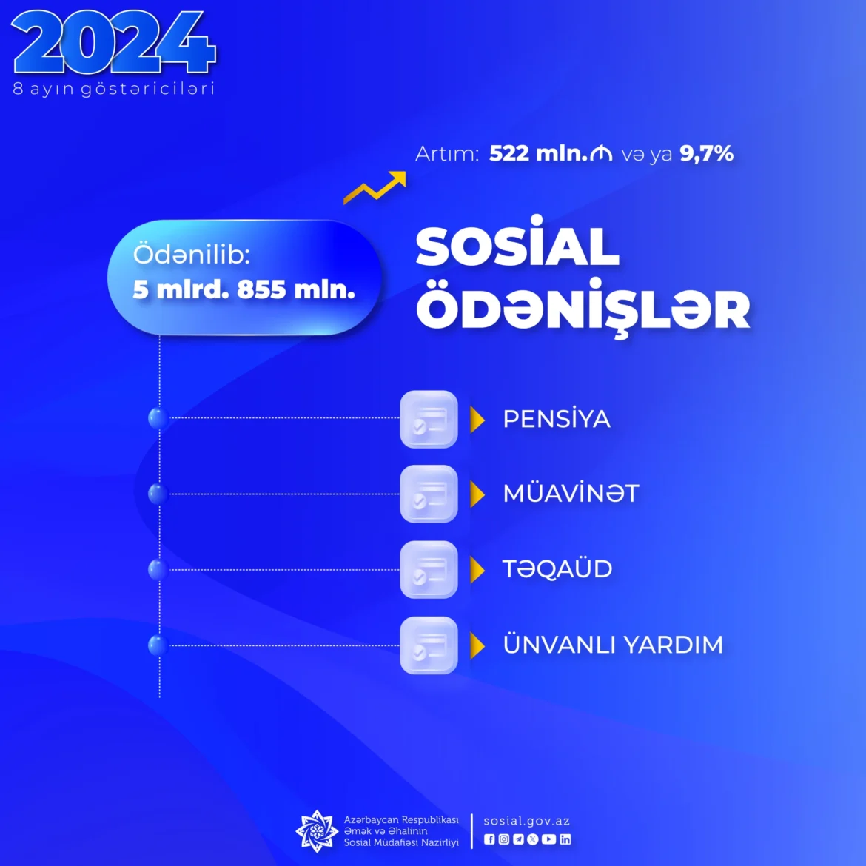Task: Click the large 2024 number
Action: point(113,42)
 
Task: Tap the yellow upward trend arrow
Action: point(375,188)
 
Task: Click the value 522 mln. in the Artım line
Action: point(538,153)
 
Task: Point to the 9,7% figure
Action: point(706,153)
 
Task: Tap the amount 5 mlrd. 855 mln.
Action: point(244,289)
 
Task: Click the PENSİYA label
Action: point(556,419)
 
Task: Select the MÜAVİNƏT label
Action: point(571,493)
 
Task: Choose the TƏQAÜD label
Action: point(557,569)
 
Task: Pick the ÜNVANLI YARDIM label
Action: point(613,645)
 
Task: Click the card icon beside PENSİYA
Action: point(429,419)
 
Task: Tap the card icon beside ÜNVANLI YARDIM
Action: point(429,645)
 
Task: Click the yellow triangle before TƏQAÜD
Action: point(477,569)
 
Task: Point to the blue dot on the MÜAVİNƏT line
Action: point(158,494)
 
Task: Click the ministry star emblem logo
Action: point(317,830)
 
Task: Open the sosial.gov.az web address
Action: point(527,822)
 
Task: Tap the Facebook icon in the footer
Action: point(489,839)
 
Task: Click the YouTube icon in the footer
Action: point(548,839)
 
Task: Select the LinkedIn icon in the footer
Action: point(565,839)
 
